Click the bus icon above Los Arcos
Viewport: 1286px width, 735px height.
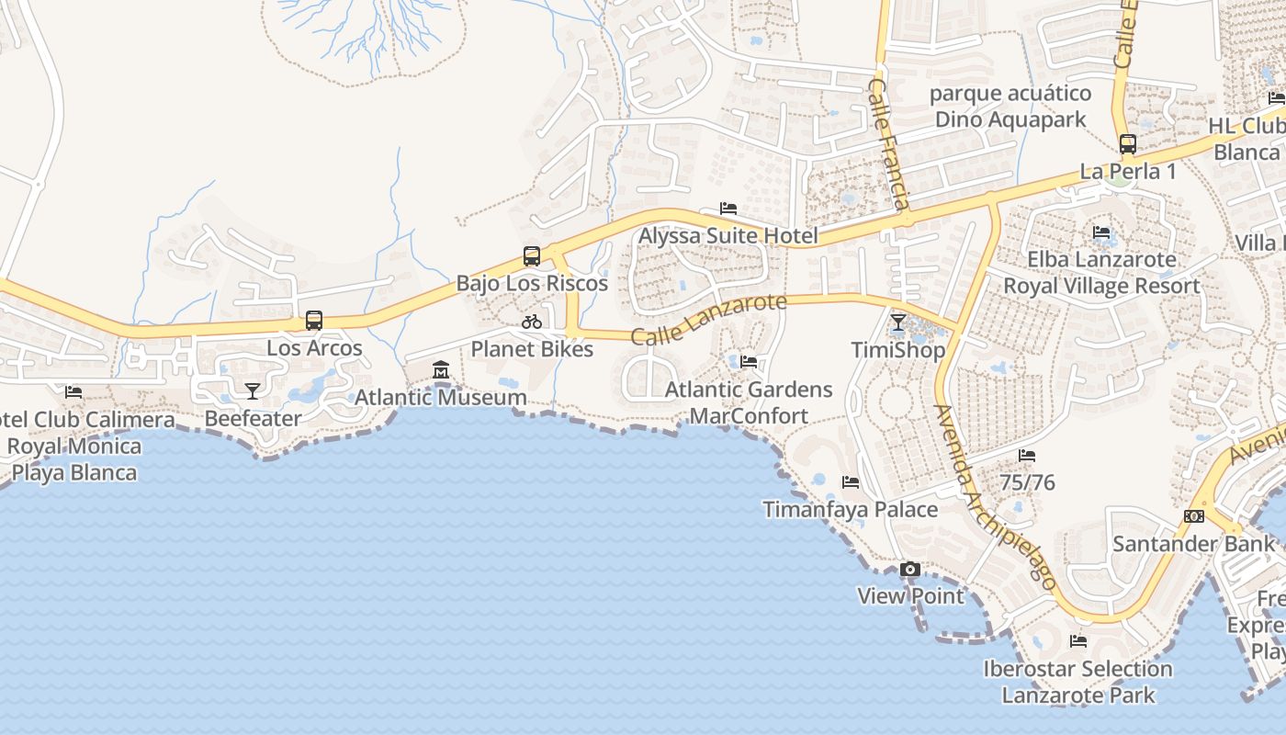click(314, 321)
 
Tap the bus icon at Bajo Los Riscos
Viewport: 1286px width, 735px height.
click(532, 256)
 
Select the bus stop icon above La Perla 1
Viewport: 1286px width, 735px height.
click(1128, 144)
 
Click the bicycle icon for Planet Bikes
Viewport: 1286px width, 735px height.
click(532, 322)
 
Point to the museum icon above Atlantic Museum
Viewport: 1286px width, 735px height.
click(441, 370)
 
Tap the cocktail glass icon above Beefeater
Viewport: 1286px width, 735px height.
click(253, 390)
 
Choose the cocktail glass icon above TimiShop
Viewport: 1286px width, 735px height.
click(898, 322)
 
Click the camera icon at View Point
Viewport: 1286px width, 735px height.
click(910, 570)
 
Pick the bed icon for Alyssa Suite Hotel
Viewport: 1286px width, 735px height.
click(728, 209)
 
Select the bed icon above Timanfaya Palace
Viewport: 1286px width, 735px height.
click(851, 482)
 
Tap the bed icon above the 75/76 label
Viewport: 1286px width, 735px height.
click(1027, 456)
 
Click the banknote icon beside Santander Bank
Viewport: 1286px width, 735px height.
click(1194, 516)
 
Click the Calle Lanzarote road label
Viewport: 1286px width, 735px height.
click(709, 319)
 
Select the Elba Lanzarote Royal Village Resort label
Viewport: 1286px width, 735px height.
click(1101, 273)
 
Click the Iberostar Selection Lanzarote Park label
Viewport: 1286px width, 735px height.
click(1078, 682)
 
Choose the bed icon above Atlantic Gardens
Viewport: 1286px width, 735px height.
click(749, 362)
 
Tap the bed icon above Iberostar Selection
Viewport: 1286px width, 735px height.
click(1078, 641)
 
